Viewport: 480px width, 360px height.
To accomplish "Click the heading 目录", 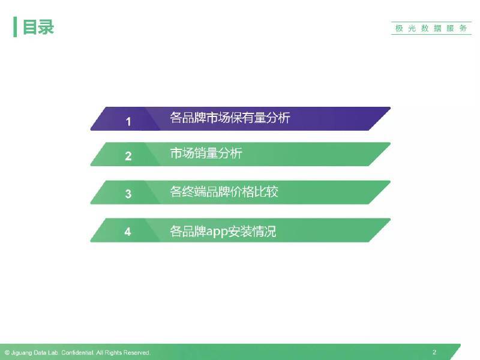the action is pos(38,27).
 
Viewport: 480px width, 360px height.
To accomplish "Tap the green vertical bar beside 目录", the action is pos(15,27).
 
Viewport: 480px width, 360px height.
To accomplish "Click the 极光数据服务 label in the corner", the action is pos(431,28).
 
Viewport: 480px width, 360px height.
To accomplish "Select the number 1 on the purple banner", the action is pos(128,122).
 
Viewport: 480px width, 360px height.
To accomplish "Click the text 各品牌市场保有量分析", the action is pos(230,118).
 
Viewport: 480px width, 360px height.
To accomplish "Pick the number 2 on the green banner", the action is pos(128,156).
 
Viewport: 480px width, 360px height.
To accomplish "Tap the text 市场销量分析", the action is pos(206,153).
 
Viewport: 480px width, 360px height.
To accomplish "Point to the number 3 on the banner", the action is pos(128,194).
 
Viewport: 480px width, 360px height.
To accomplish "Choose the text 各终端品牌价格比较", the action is pos(224,191).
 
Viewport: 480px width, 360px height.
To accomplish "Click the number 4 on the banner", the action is pos(128,232).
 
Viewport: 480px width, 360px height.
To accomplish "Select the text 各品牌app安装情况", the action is pos(223,232).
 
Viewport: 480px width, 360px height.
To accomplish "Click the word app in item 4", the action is pos(217,232).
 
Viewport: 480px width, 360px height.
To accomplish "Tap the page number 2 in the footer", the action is pos(434,352).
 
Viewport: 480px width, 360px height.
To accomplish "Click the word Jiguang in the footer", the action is pos(22,353).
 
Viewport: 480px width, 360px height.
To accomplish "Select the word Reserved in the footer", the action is pos(137,353).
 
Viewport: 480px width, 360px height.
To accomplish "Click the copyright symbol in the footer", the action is pos(7,353).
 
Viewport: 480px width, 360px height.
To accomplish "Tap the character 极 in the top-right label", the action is pos(399,28).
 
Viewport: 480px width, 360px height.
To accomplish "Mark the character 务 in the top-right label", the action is pos(463,28).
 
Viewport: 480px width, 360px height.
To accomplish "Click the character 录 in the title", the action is pos(46,27).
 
